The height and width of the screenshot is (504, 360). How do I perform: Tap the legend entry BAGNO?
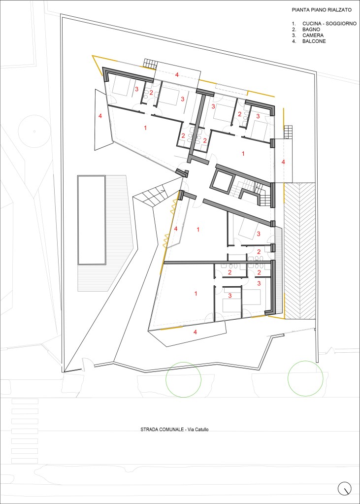coord(310,30)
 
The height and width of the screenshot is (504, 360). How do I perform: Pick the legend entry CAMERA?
coord(312,35)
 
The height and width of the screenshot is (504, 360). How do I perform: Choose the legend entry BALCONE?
coord(314,41)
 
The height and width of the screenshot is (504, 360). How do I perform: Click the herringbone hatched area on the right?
coord(299,251)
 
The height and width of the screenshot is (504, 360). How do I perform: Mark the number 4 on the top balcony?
coord(176,75)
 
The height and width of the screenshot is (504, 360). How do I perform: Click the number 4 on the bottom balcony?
coord(195,332)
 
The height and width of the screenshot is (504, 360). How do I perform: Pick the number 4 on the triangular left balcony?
coord(100,116)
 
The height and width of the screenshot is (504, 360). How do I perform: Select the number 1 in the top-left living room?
coord(145,128)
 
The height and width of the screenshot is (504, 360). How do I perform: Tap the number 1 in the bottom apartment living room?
coord(196,293)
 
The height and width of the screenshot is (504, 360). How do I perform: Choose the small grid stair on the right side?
coord(288,132)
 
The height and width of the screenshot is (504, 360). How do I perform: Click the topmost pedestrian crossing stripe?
coord(25,401)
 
